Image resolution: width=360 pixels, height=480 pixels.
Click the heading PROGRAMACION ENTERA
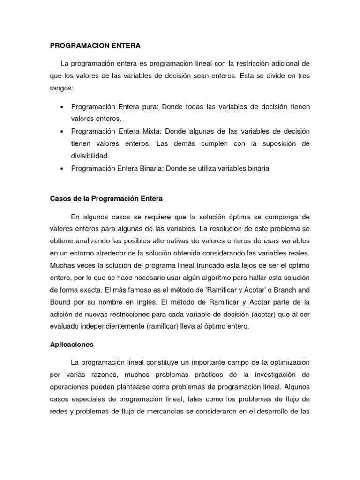point(95,46)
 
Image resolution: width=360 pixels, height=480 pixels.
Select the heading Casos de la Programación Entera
point(106,198)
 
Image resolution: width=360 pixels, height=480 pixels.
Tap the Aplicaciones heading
point(72,344)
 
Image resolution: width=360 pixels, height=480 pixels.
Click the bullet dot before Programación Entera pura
point(62,107)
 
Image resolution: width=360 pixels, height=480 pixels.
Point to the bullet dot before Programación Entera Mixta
point(62,131)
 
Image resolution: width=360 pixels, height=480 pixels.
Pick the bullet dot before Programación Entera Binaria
point(62,168)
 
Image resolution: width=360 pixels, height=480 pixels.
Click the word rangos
point(61,88)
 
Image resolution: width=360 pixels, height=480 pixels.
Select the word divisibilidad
point(90,156)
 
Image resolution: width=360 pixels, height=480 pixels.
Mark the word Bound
point(60,302)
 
